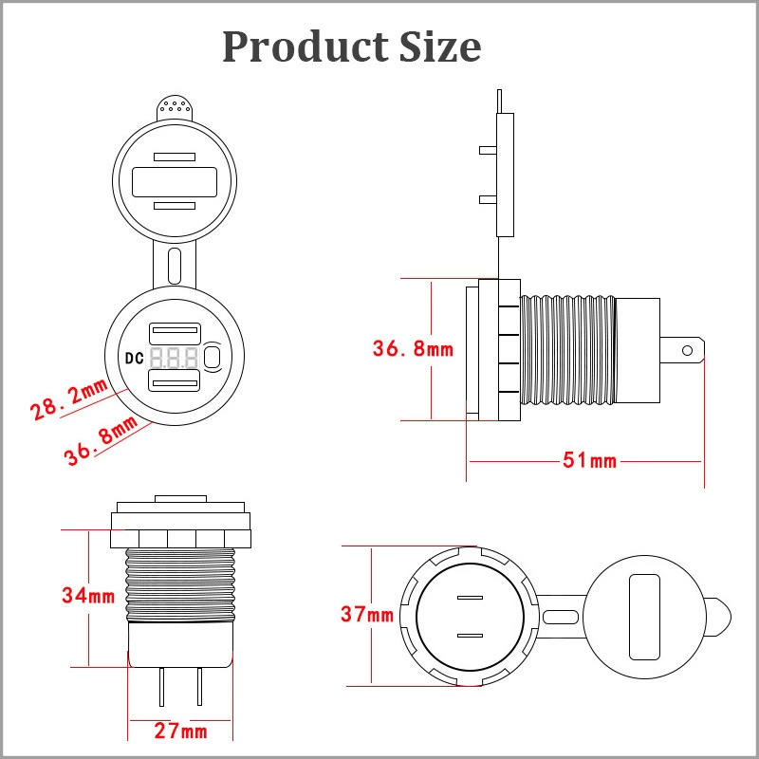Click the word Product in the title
[305, 46]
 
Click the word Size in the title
[440, 46]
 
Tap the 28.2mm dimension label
[67, 398]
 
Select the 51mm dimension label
[589, 460]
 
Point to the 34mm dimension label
[88, 596]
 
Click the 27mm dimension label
[180, 731]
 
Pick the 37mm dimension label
[367, 614]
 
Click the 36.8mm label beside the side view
[413, 349]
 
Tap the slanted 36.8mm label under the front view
[102, 439]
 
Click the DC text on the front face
[134, 359]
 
